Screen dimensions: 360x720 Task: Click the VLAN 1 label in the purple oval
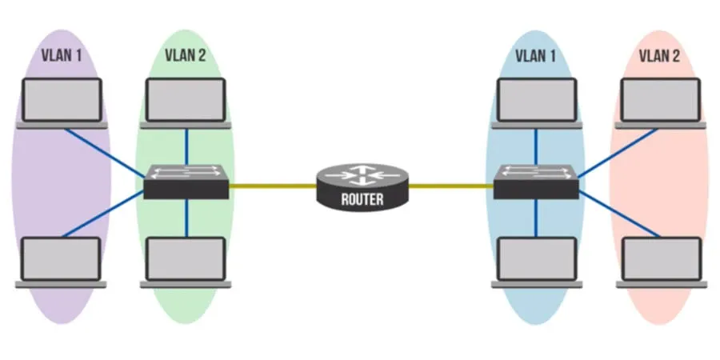pos(62,57)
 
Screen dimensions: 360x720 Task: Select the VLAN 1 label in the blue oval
pos(536,57)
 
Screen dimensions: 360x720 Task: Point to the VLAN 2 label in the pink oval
pos(660,57)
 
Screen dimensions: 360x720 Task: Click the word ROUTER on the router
pos(362,200)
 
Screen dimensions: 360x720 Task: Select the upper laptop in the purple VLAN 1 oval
pos(62,102)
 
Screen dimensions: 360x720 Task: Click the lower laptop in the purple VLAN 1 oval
pos(62,261)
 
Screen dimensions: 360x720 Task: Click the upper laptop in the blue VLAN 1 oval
pos(536,102)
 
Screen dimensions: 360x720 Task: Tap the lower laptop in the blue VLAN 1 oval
pos(536,261)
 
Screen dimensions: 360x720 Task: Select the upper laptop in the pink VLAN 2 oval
pos(661,102)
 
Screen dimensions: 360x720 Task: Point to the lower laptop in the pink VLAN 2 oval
pos(661,261)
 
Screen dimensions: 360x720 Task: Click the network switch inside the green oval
pos(186,182)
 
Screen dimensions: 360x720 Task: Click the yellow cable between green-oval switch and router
pos(272,186)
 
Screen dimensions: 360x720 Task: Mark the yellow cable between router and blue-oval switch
pos(452,186)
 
